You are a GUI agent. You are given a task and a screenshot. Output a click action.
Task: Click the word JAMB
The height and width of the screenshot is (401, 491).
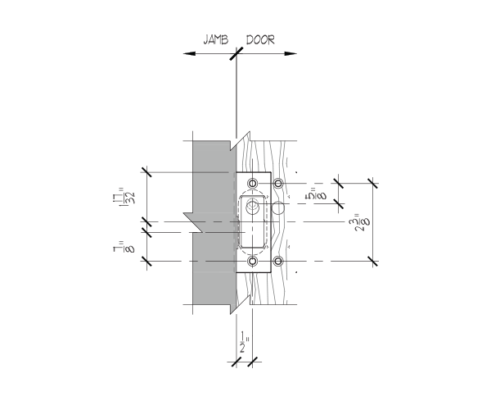[x=215, y=40]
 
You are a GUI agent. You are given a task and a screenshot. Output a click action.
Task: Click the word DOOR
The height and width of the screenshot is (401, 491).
[x=260, y=40]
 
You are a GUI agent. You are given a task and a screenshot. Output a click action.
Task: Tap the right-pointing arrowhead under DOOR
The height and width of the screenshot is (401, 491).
[x=291, y=53]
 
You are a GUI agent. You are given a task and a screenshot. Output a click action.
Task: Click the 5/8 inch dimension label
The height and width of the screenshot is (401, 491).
[x=316, y=194]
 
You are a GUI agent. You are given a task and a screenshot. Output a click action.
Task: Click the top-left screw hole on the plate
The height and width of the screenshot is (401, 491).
[x=253, y=183]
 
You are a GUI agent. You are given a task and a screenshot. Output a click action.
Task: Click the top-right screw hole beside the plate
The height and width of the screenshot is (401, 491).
[x=278, y=183]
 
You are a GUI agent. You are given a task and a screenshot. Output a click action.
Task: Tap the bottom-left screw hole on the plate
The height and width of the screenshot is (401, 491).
[x=253, y=261]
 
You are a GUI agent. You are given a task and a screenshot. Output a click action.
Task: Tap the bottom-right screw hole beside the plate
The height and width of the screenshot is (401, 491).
[x=278, y=261]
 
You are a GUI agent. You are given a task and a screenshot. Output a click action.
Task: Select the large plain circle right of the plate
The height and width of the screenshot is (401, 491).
[x=277, y=208]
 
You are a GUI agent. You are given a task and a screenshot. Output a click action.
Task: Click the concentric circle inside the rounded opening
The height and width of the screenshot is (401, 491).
[x=252, y=206]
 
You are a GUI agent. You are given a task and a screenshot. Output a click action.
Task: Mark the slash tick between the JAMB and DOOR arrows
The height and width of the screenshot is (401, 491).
[x=236, y=53]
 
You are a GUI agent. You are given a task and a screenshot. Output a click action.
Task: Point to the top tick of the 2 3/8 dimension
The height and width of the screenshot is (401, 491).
[x=372, y=183]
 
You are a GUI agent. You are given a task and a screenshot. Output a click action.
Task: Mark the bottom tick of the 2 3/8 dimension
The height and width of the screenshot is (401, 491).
[x=372, y=261]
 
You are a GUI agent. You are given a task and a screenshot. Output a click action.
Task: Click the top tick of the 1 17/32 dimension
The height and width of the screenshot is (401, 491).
[x=146, y=172]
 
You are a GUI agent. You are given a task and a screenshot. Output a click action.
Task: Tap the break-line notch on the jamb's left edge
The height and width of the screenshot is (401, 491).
[x=194, y=223]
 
